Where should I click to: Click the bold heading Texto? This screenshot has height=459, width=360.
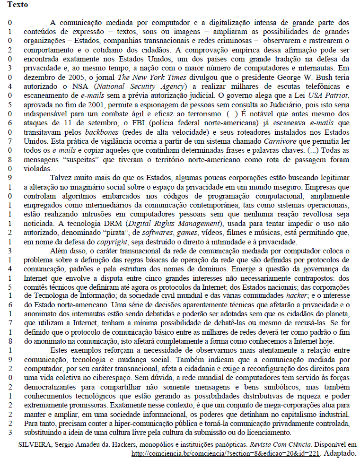[x=18, y=5]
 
